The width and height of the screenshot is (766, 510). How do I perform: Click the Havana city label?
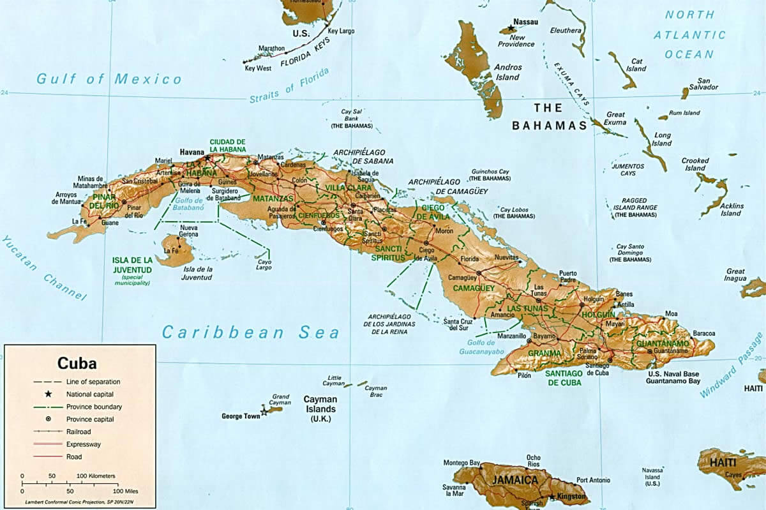tap(191, 153)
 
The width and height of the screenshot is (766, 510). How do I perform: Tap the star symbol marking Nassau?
tap(511, 29)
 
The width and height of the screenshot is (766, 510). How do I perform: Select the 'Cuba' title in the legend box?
tap(77, 363)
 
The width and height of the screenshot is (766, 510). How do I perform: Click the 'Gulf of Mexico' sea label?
tap(109, 79)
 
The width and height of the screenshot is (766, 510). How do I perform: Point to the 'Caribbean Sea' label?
tap(250, 333)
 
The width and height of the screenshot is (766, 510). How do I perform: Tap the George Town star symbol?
tap(264, 412)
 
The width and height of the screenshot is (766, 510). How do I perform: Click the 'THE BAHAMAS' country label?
tap(549, 126)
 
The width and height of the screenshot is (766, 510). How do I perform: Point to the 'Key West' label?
tap(259, 68)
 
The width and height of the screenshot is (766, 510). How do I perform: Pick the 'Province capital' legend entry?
tap(90, 419)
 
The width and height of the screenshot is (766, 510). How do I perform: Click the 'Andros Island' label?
tap(508, 71)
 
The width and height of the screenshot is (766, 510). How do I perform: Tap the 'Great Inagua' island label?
tap(735, 274)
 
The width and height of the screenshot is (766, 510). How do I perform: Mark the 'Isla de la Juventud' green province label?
tap(132, 264)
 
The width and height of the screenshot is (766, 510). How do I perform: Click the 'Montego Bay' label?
tap(462, 462)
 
